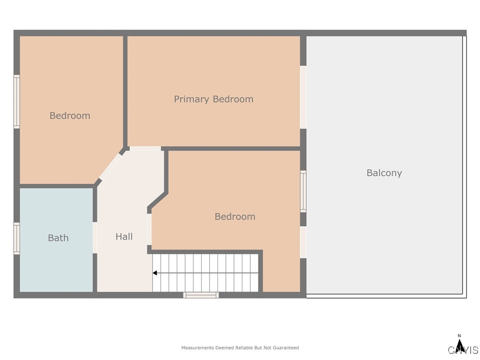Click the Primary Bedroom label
pyautogui.click(x=213, y=99)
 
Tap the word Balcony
pyautogui.click(x=384, y=173)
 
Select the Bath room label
pyautogui.click(x=58, y=238)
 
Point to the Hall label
pyautogui.click(x=124, y=237)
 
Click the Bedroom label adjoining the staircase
pyautogui.click(x=235, y=217)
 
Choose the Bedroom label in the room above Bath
pyautogui.click(x=70, y=116)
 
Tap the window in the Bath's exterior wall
pyautogui.click(x=17, y=239)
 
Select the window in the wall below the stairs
pyautogui.click(x=201, y=295)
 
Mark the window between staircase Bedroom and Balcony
pyautogui.click(x=303, y=191)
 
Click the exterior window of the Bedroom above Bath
pyautogui.click(x=17, y=102)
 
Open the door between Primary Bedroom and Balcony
pyautogui.click(x=303, y=97)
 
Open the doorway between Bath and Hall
pyautogui.click(x=95, y=238)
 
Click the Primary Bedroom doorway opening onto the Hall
pyautogui.click(x=145, y=149)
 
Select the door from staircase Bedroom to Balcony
pyautogui.click(x=303, y=242)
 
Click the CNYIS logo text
pyautogui.click(x=463, y=350)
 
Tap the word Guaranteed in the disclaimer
pyautogui.click(x=285, y=348)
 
